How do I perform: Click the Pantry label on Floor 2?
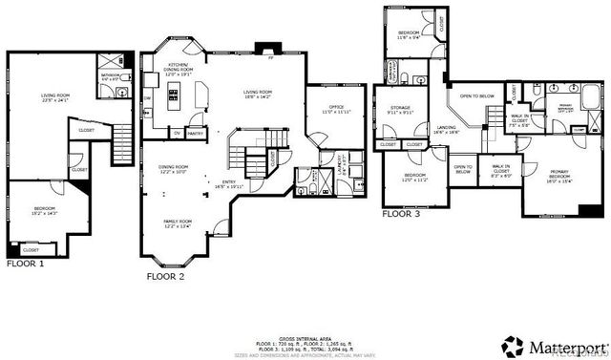click(x=195, y=133)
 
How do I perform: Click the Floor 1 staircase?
click(x=121, y=147)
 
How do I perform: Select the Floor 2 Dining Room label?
click(x=173, y=169)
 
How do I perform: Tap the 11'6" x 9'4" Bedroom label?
click(x=413, y=37)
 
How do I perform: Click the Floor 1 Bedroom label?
click(x=46, y=209)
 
